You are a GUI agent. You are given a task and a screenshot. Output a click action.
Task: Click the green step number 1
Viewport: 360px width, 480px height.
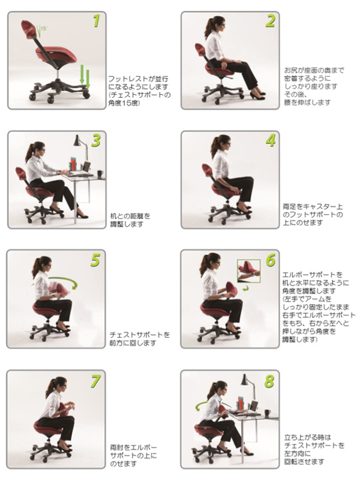coord(97,21)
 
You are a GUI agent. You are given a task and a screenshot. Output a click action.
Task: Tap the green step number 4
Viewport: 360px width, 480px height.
coord(271,140)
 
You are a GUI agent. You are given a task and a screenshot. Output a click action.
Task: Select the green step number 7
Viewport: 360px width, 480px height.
coord(95,381)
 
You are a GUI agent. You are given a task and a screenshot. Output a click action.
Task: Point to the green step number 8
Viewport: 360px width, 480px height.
coord(269,381)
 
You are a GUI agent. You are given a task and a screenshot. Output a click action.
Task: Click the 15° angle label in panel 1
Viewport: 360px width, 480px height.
coord(44,28)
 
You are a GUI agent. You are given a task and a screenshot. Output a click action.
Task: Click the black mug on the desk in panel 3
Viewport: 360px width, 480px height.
coord(100,174)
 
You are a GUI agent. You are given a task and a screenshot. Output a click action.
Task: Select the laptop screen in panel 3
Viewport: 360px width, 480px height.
coord(87,167)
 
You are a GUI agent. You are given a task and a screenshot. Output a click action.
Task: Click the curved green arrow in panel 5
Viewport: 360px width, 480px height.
coord(64,280)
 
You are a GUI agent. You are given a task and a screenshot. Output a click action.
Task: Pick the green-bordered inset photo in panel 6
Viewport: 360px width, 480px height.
coord(248,271)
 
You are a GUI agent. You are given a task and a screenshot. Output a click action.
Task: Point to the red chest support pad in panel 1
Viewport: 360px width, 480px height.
coord(29,29)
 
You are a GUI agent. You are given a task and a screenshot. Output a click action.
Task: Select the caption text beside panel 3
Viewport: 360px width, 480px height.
coord(130,220)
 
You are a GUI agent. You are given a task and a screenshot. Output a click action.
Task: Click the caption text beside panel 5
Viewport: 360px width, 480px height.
coord(140,338)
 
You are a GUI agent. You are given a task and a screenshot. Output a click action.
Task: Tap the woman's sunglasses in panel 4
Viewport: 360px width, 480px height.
coord(226,145)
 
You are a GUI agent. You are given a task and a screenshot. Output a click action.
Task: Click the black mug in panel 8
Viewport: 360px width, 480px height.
coord(268,413)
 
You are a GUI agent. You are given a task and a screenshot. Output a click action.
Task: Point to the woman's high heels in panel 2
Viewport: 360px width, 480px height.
coord(258,95)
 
